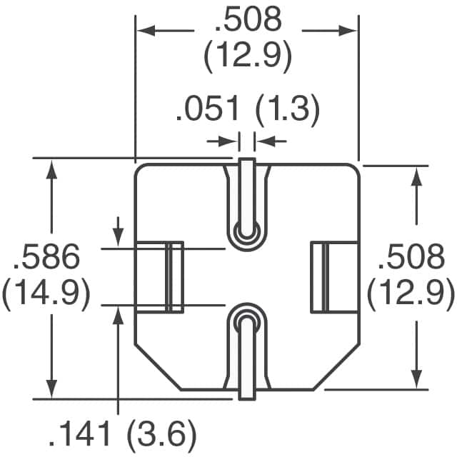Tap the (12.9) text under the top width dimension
[248, 57]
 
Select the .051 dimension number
[207, 111]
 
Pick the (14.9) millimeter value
[46, 293]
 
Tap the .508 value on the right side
[412, 256]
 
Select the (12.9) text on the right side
[412, 292]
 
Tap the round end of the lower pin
[246, 318]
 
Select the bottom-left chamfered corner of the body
[157, 366]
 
